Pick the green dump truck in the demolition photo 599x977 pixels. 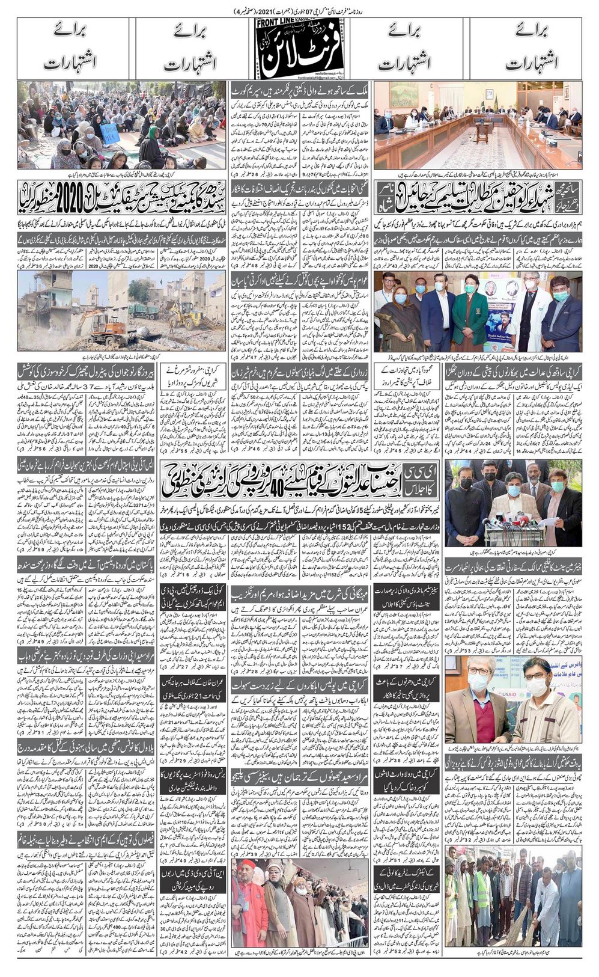click(x=144, y=310)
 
